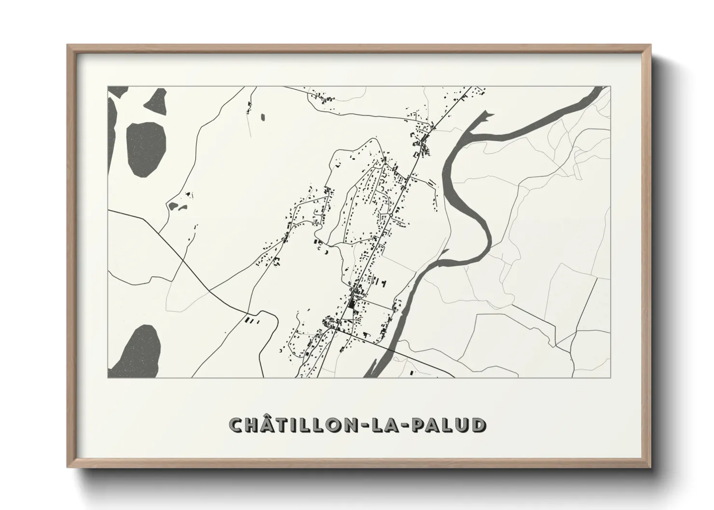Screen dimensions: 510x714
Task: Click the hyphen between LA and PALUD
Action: [405, 426]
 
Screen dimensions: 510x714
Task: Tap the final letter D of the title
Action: [478, 425]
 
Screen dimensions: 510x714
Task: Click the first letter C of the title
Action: [236, 425]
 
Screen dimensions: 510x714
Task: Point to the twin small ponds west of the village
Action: [177, 207]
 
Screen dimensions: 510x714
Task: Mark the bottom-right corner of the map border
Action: [610, 377]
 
